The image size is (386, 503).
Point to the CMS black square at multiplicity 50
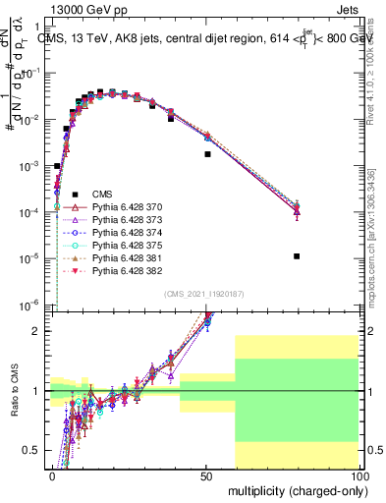pyautogui.click(x=207, y=154)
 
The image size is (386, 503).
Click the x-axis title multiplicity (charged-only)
pyautogui.click(x=294, y=490)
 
